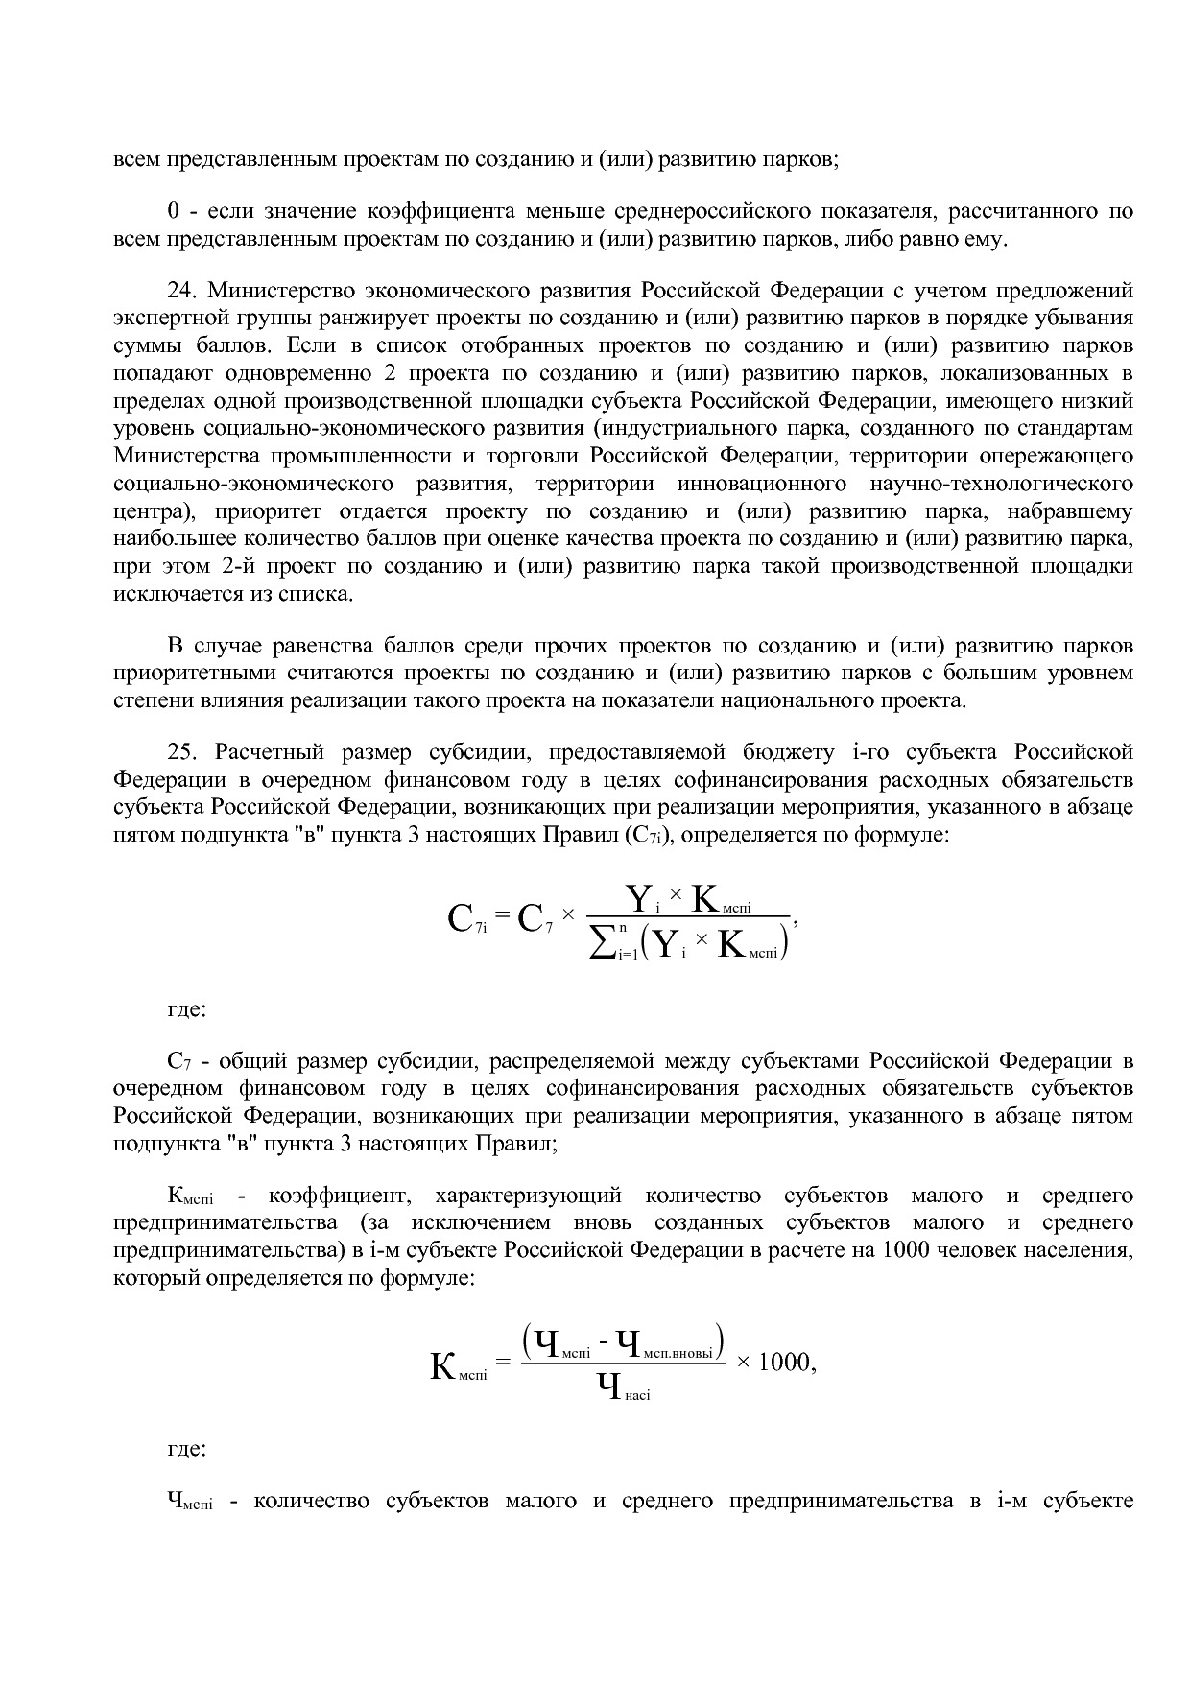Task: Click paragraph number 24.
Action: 180,291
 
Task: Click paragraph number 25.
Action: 180,751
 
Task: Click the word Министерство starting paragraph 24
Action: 263,291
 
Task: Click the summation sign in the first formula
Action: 602,944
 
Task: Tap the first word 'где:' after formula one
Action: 186,1009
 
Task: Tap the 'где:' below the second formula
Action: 186,1449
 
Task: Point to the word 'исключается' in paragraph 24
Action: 171,594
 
